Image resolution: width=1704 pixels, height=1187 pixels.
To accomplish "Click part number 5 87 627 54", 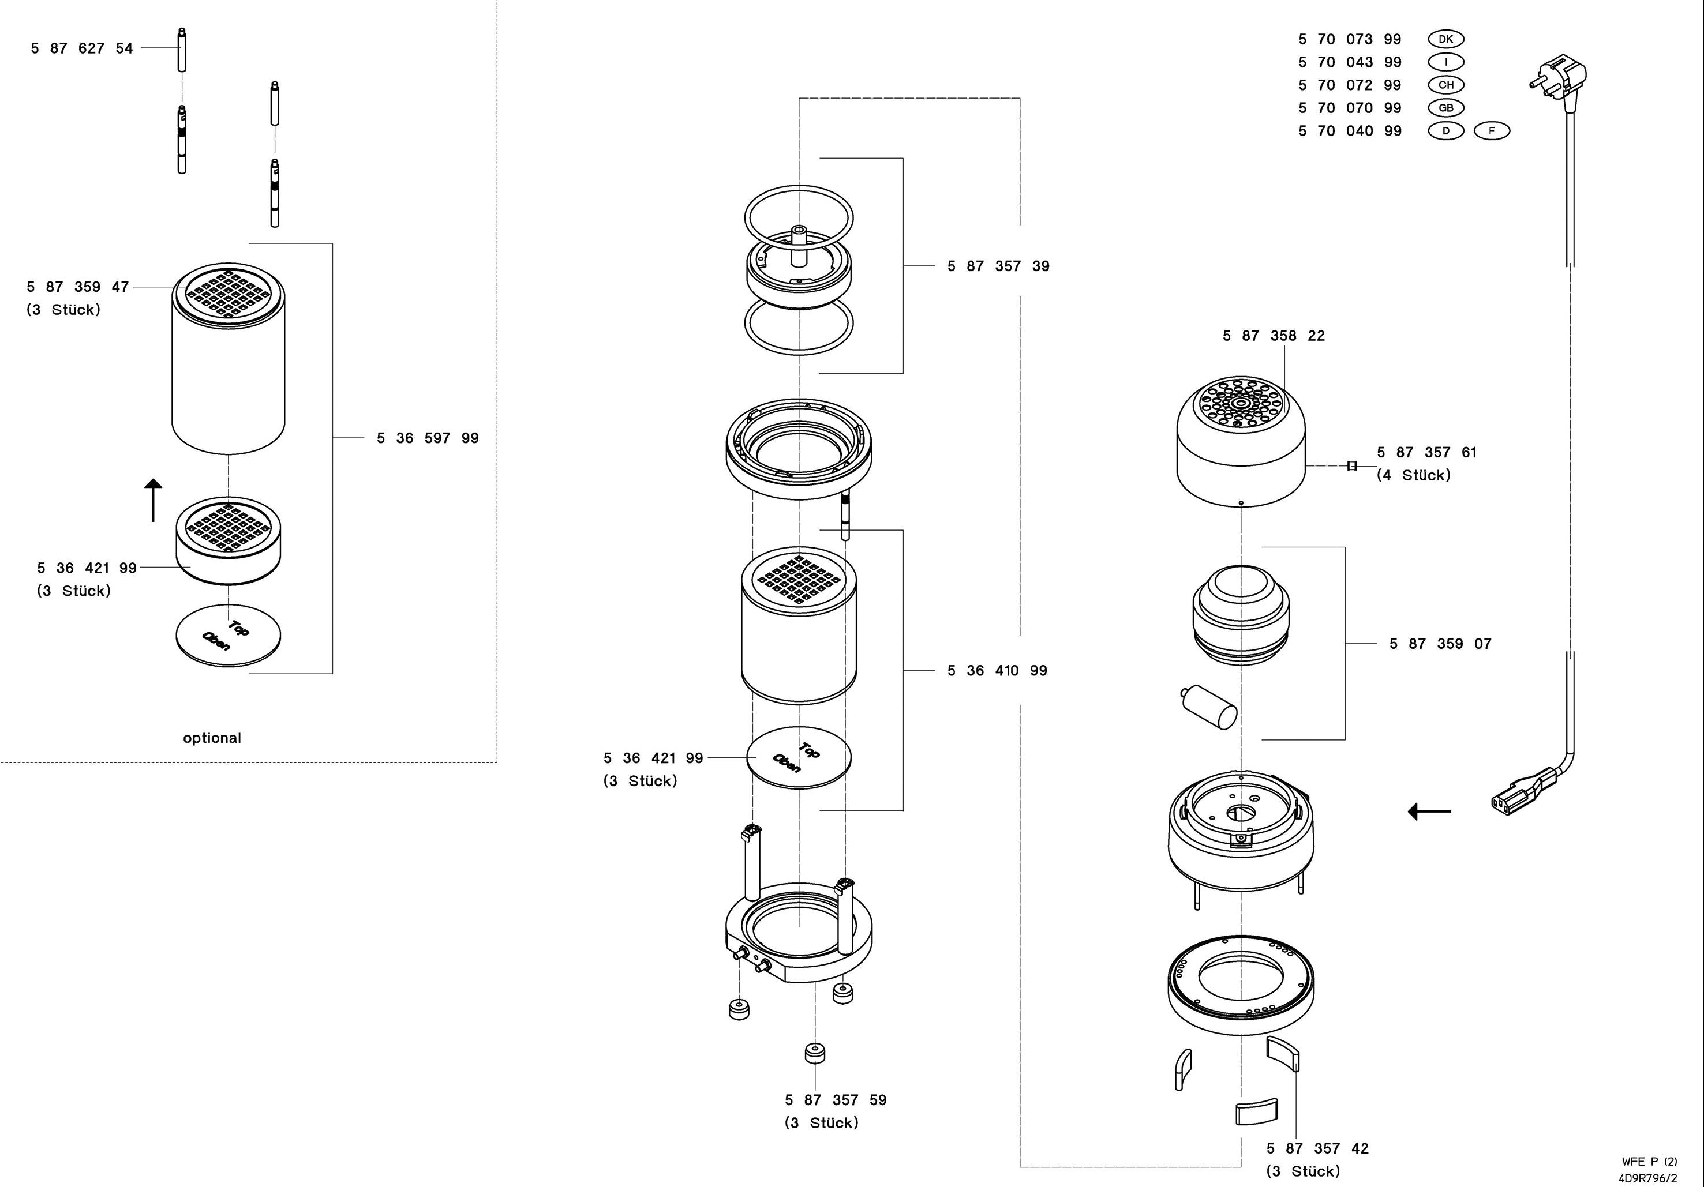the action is (81, 48).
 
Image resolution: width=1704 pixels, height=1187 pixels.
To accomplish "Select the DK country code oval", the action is (1445, 39).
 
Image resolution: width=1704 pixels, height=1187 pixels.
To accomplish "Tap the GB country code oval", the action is (1445, 108).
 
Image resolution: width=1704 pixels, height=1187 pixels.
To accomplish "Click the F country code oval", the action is (1492, 130).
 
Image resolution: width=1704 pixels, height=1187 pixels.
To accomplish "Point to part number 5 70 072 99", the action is (1350, 85).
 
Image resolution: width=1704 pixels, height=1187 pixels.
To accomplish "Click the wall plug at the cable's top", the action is (1559, 78).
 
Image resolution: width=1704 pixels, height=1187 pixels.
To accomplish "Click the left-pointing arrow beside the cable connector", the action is (1429, 812).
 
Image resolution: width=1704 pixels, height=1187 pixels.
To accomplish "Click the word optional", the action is (212, 738).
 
